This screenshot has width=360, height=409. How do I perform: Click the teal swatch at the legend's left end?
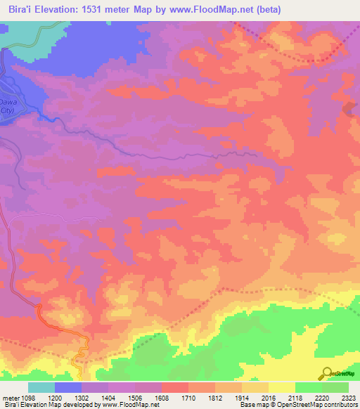41,387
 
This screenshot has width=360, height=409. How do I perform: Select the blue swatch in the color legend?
67,387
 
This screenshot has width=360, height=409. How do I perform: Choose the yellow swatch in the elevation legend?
281,387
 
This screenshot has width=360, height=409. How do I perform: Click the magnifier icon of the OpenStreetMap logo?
326,372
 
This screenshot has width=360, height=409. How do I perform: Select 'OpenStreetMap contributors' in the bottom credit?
316,405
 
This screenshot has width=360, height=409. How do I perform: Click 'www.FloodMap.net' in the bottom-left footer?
136,405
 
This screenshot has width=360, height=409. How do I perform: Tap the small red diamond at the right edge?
349,108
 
